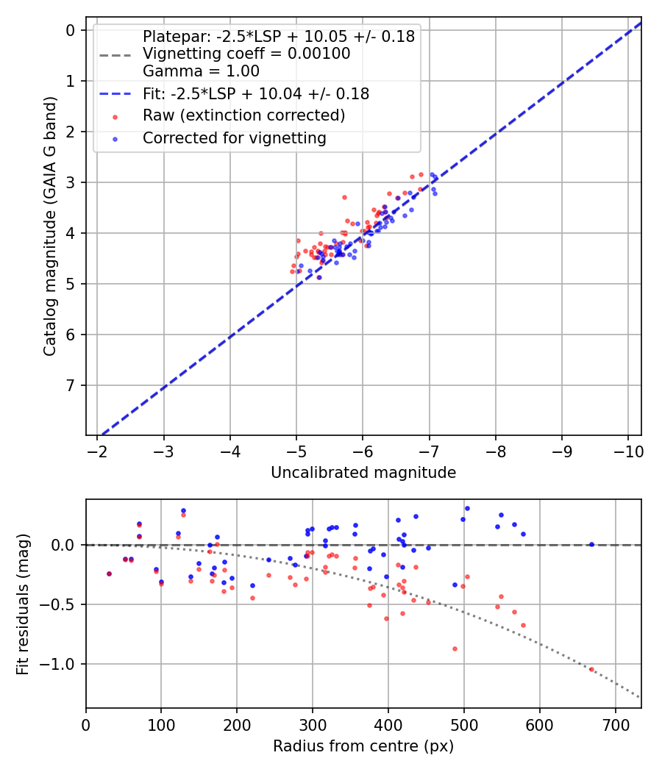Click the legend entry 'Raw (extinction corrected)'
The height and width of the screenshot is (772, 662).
click(x=243, y=115)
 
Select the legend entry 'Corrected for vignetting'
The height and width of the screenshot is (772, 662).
click(x=234, y=137)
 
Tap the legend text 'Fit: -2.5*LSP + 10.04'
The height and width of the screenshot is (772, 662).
click(x=255, y=93)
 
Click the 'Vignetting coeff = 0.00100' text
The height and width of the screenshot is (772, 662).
click(x=246, y=54)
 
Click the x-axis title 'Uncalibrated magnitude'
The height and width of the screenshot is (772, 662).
click(x=363, y=472)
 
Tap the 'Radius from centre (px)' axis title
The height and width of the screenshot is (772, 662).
click(x=363, y=746)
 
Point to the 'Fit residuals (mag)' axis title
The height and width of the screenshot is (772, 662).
click(x=23, y=604)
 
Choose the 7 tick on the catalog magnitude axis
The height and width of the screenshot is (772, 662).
click(x=71, y=385)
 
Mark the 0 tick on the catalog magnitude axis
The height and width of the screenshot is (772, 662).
click(x=71, y=30)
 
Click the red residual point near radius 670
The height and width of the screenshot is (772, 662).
click(x=591, y=669)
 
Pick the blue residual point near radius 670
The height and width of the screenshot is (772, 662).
click(x=591, y=544)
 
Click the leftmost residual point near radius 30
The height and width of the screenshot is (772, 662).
click(x=109, y=573)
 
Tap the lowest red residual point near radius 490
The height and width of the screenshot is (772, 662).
click(x=455, y=648)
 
